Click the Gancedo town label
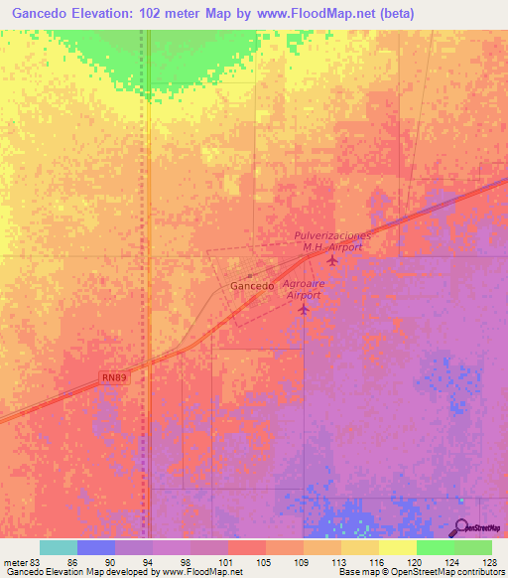pos(252,286)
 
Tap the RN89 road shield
pos(115,377)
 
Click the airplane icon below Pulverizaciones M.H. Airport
pos(331,261)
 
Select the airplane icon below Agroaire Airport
pos(304,311)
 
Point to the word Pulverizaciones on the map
pos(332,235)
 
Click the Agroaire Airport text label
pos(304,289)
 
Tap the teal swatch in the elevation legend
pos(59,547)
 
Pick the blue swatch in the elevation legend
pos(96,547)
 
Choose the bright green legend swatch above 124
pos(436,547)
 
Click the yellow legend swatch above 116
pos(360,547)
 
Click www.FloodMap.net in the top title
pos(322,13)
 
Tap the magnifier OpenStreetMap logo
pos(463,527)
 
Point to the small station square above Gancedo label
pos(249,275)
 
